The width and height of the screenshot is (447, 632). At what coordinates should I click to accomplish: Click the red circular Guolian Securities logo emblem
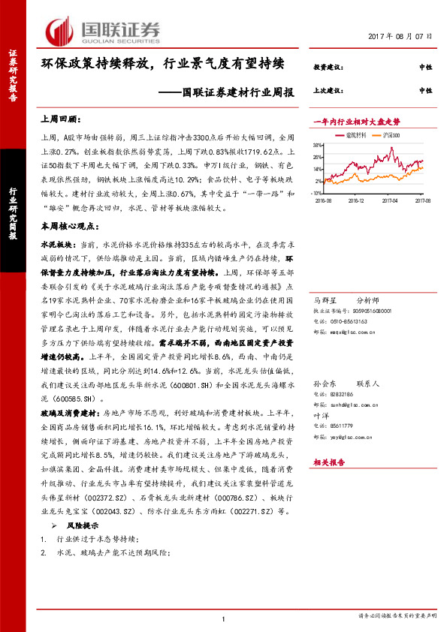(x=59, y=30)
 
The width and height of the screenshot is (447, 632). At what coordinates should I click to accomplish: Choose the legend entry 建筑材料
(x=355, y=135)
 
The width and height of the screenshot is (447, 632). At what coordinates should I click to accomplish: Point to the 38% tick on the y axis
(x=319, y=145)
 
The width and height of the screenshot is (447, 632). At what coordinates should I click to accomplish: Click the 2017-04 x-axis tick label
(x=388, y=200)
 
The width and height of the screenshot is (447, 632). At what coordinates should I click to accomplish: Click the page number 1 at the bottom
(x=224, y=617)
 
